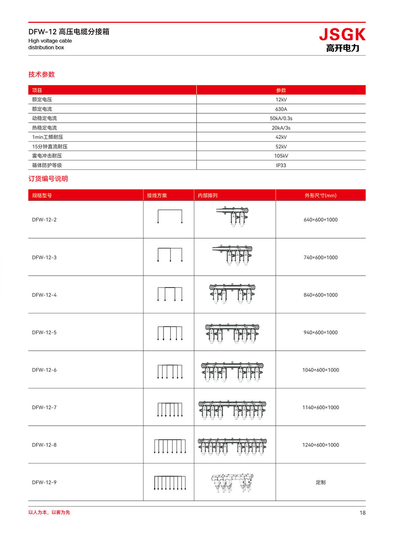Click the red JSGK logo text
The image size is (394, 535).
click(342, 35)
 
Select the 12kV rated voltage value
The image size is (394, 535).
click(281, 100)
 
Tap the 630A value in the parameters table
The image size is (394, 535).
click(281, 109)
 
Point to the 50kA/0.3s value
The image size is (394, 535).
click(281, 118)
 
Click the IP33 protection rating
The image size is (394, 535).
click(281, 165)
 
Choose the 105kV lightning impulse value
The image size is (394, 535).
click(281, 156)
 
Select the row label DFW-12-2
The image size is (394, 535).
click(44, 220)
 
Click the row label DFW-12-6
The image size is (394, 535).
click(44, 370)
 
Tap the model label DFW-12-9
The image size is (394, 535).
click(44, 483)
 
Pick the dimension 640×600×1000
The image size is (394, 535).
click(320, 220)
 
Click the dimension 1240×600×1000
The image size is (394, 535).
click(320, 445)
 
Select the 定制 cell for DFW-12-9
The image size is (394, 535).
click(320, 483)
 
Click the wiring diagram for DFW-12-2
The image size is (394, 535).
click(170, 217)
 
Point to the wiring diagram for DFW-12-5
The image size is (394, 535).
click(170, 333)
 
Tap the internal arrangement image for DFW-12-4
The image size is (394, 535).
click(232, 294)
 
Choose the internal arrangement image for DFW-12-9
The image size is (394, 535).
click(232, 483)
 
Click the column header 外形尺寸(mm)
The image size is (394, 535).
click(320, 195)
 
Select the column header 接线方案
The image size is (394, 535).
click(157, 195)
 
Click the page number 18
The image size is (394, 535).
click(362, 513)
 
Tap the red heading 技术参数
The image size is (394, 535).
click(41, 75)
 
